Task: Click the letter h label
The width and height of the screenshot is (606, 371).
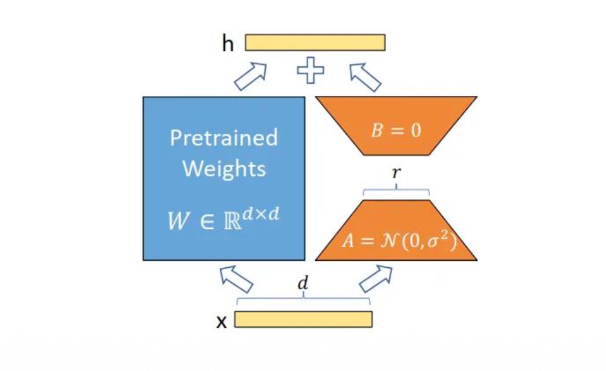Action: pyautogui.click(x=228, y=43)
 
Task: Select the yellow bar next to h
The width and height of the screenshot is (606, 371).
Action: pyautogui.click(x=315, y=43)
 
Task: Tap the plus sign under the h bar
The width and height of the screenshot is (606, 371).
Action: pyautogui.click(x=310, y=70)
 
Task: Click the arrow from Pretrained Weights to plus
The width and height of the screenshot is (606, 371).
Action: pyautogui.click(x=251, y=77)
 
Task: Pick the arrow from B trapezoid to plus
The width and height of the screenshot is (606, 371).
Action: pyautogui.click(x=365, y=77)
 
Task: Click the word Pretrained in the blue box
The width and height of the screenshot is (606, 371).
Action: pyautogui.click(x=224, y=137)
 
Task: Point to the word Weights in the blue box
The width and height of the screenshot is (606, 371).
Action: pyautogui.click(x=224, y=169)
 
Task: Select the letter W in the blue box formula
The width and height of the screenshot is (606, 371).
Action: pyautogui.click(x=179, y=221)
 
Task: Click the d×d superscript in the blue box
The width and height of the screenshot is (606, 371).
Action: pyautogui.click(x=261, y=213)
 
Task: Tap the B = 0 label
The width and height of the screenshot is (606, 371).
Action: pyautogui.click(x=396, y=130)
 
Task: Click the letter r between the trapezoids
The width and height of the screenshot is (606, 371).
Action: pyautogui.click(x=396, y=172)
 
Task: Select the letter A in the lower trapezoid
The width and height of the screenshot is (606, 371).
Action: pyautogui.click(x=349, y=241)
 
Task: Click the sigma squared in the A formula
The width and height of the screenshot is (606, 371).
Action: pyautogui.click(x=439, y=240)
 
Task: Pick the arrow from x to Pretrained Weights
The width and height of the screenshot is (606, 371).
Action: pyautogui.click(x=237, y=279)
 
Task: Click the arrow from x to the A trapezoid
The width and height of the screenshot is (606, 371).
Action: pyautogui.click(x=376, y=279)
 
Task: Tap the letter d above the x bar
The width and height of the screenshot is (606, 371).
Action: pyautogui.click(x=303, y=283)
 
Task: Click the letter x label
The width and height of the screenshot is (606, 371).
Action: pyautogui.click(x=222, y=321)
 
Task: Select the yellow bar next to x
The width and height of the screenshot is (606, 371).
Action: pyautogui.click(x=304, y=319)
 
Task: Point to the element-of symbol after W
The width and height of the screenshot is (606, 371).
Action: pyautogui.click(x=207, y=222)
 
